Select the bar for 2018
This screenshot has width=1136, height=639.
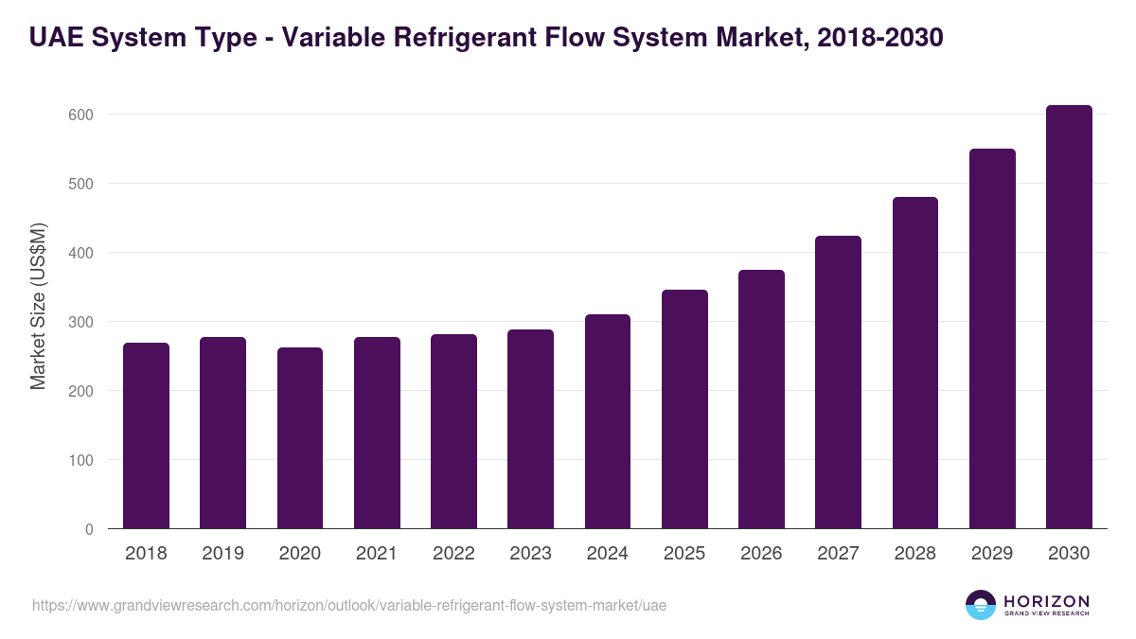tap(146, 435)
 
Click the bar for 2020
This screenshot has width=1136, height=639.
tap(300, 438)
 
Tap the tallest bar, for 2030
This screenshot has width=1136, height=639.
tap(1069, 317)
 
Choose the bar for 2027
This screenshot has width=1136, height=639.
tap(838, 382)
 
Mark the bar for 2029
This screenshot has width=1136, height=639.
tap(992, 339)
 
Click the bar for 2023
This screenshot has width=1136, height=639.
tap(530, 429)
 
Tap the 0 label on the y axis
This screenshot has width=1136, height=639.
tap(89, 529)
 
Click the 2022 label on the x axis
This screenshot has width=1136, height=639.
tap(453, 554)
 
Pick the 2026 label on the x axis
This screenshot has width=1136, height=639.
tap(761, 554)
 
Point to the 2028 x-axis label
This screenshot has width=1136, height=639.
tap(915, 554)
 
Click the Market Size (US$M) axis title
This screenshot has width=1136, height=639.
tap(38, 305)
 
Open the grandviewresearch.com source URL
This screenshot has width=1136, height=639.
tap(349, 605)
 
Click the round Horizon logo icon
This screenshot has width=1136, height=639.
tap(981, 605)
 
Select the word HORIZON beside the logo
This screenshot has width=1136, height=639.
tap(1046, 600)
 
